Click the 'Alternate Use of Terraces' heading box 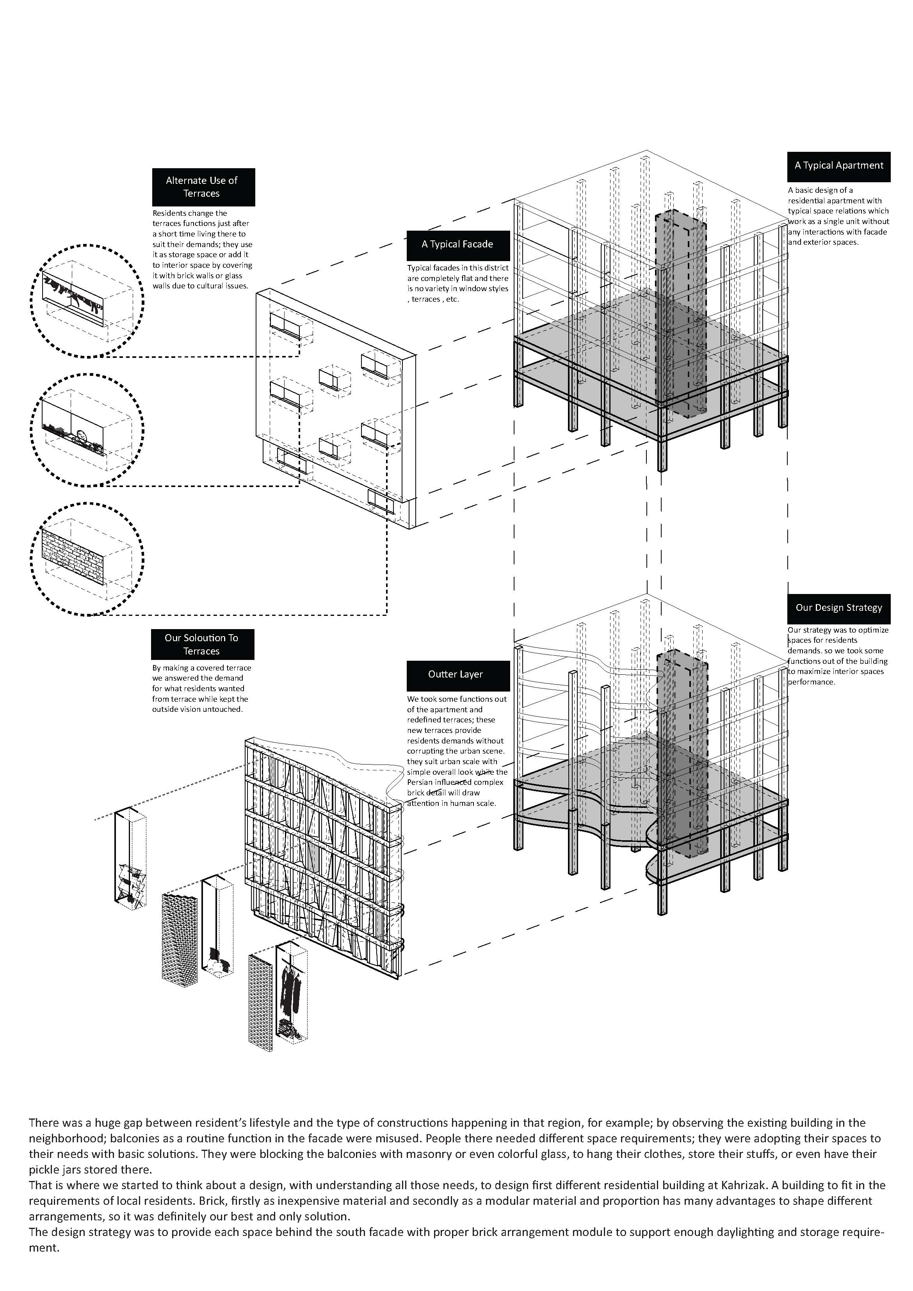coord(203,187)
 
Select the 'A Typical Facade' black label coord(457,245)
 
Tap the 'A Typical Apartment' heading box coord(838,166)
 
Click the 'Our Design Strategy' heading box coord(838,608)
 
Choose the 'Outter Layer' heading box coord(457,675)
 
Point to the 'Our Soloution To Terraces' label coord(202,644)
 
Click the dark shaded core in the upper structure coord(682,315)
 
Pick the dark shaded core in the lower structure coord(682,754)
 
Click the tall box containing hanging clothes coord(292,992)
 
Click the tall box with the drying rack coord(130,857)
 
